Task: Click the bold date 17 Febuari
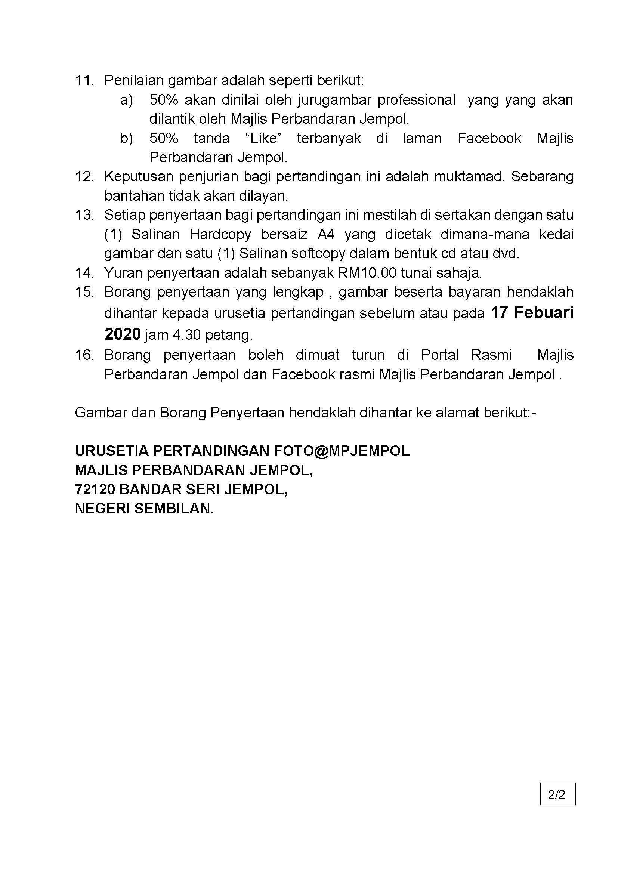tap(532, 313)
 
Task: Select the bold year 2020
tap(123, 334)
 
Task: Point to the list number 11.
tap(84, 81)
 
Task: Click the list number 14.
tap(84, 272)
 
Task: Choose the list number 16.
tap(84, 355)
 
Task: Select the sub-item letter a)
tap(127, 100)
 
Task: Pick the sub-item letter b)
tap(127, 139)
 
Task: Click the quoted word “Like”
tap(263, 139)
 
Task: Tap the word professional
tap(416, 100)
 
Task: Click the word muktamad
tap(469, 177)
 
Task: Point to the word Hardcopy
tap(220, 234)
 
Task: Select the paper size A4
tap(326, 234)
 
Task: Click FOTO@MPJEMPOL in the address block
tap(342, 451)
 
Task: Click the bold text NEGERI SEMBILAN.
tap(145, 509)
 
